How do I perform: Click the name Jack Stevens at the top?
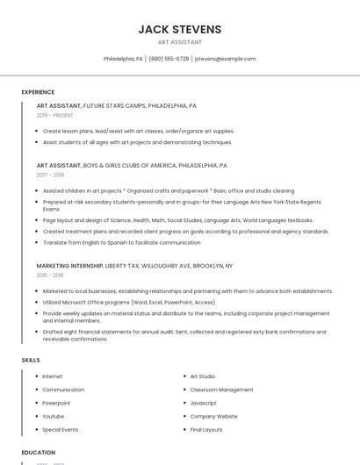179,29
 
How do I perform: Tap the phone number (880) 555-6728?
169,59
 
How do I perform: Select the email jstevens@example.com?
226,59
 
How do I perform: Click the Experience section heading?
38,92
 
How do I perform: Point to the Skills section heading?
31,360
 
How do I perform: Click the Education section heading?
39,453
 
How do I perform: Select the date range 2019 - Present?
55,115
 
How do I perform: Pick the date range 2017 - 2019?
50,175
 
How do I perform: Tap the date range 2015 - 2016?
50,275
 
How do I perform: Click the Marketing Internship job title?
70,265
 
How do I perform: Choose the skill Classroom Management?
221,390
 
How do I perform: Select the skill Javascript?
203,403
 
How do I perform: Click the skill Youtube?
53,416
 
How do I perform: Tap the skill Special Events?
60,430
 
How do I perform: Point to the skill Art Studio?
202,376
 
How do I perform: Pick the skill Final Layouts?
206,430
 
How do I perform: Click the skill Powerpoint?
56,403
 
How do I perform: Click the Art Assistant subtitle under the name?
179,42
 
